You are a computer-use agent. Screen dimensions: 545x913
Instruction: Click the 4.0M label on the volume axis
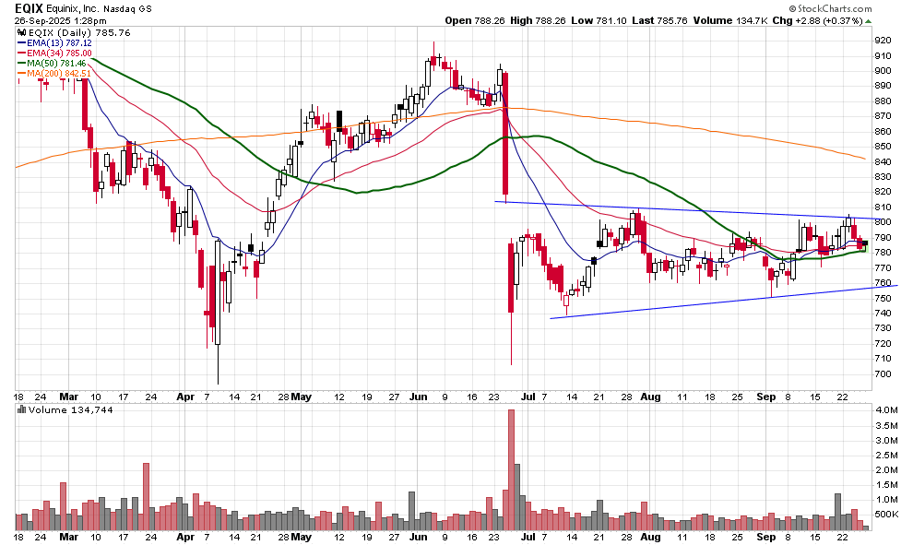coord(887,409)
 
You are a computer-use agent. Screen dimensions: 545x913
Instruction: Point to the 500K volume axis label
coord(888,515)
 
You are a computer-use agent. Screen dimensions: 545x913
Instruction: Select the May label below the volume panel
coord(302,536)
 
